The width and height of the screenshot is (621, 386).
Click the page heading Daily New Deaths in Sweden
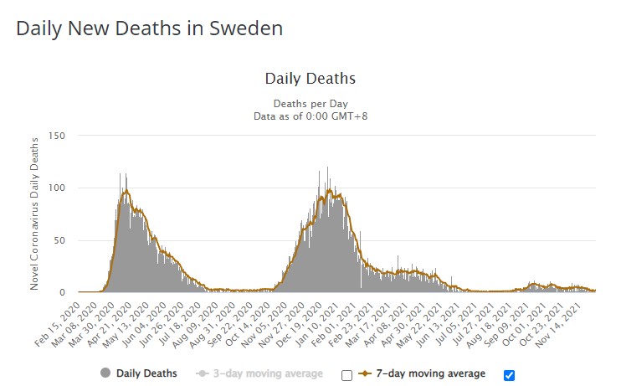149,28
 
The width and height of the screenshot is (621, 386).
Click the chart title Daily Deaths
310,79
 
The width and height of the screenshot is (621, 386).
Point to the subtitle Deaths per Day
310,103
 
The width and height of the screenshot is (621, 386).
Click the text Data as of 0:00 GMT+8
310,116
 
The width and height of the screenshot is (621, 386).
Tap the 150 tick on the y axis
57,135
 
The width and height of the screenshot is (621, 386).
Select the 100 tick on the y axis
57,188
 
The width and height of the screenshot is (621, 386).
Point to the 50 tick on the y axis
59,240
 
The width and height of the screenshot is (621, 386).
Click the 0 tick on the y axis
63,292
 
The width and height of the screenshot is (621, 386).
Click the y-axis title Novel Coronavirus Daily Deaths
34,214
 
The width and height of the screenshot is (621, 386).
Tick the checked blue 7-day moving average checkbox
510,374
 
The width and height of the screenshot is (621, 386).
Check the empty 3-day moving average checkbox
346,374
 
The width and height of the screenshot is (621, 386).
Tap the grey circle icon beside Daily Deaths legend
105,373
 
